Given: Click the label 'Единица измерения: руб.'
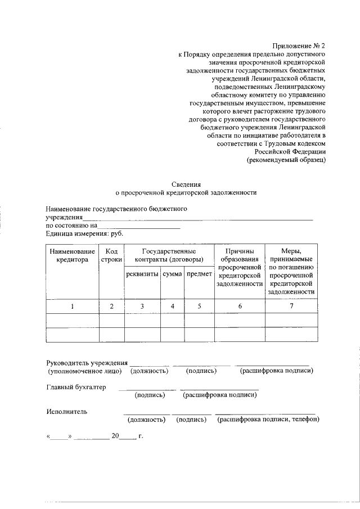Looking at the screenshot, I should coord(84,233).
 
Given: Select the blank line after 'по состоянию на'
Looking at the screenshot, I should coord(139,227).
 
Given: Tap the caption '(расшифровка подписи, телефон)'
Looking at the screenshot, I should coord(268,420).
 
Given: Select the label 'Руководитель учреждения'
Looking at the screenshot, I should coord(87,363).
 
